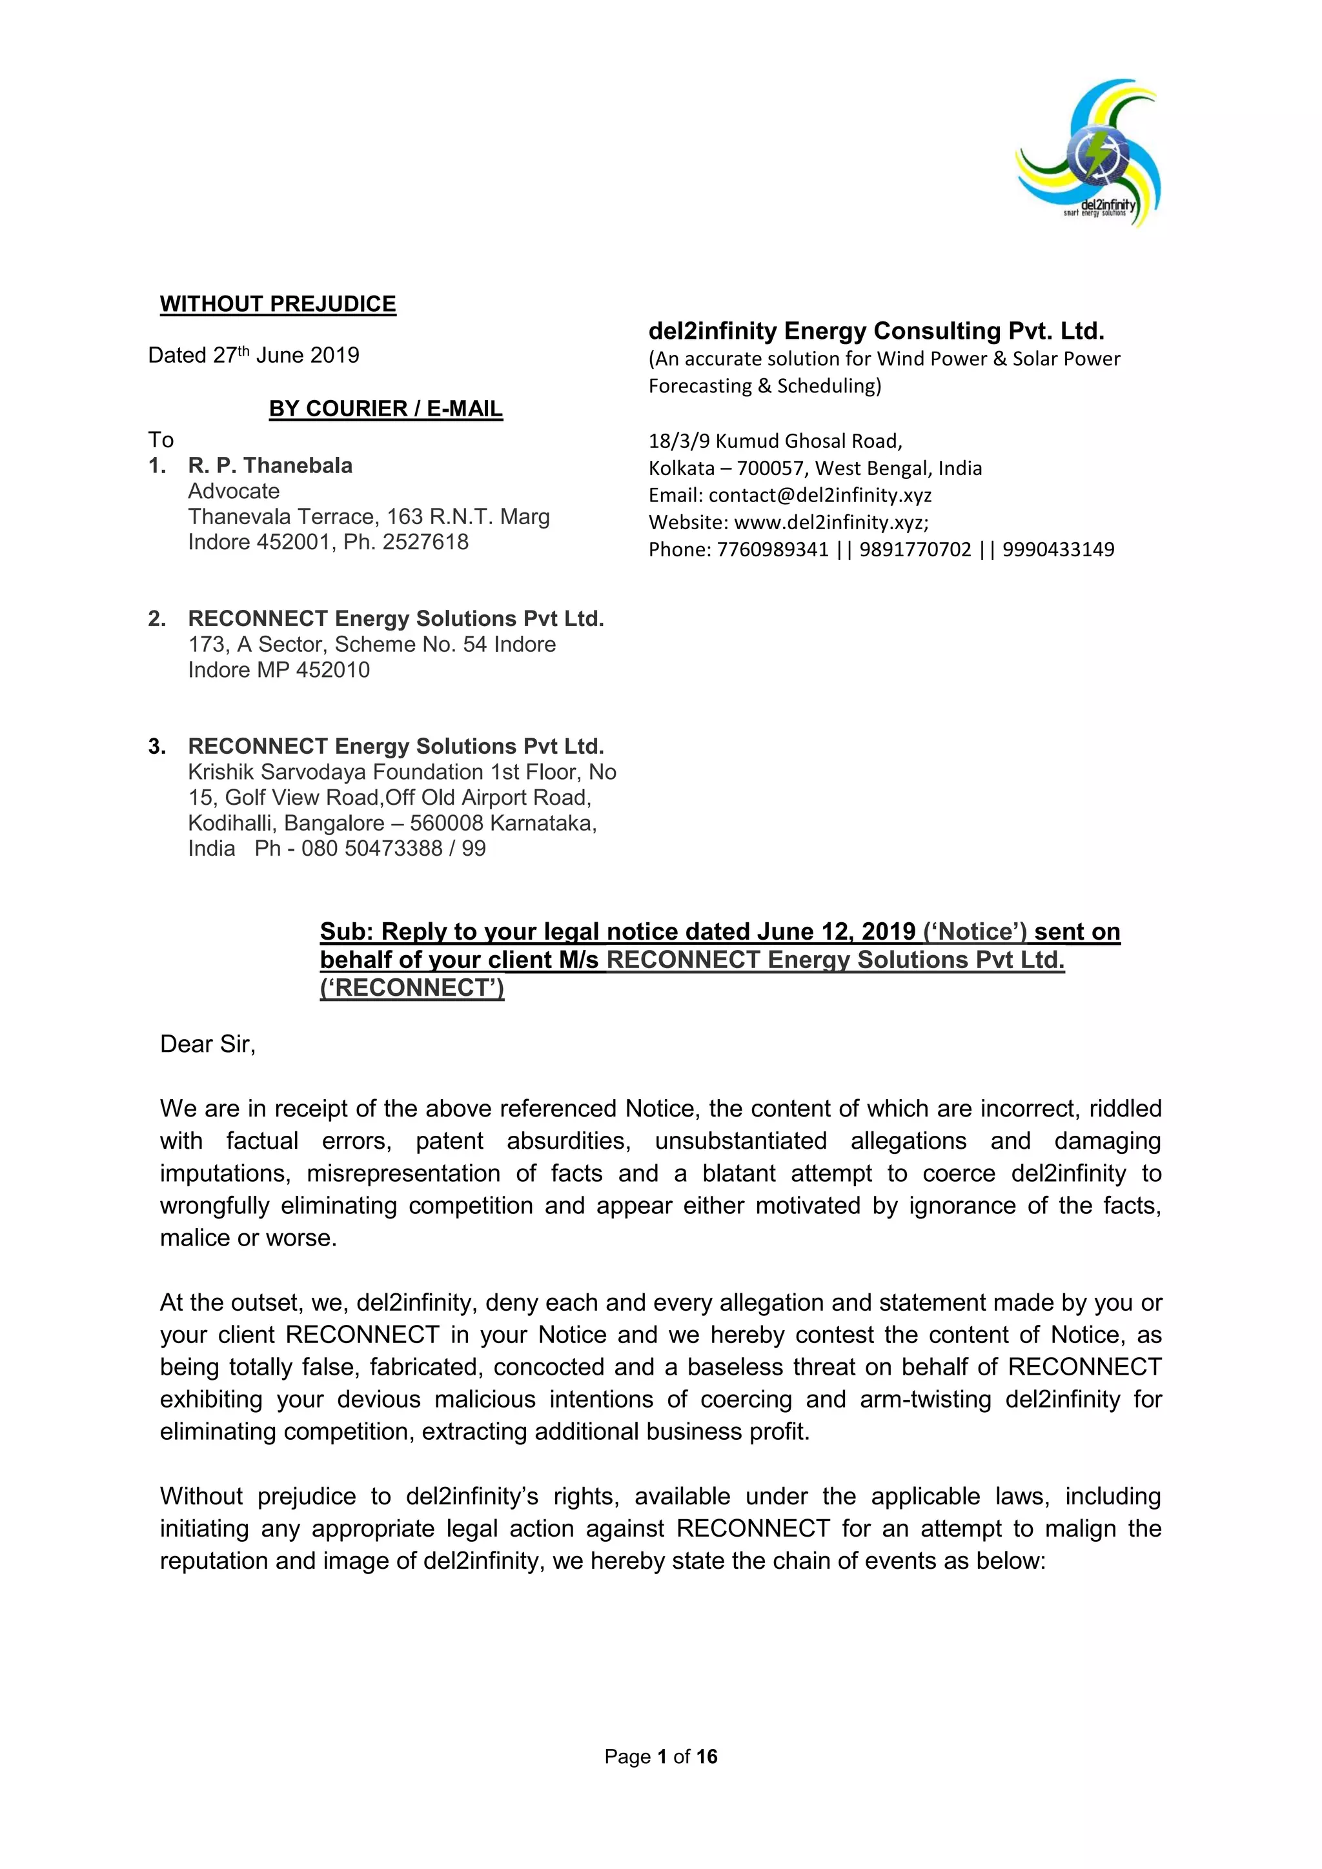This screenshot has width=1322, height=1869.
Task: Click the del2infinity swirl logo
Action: point(1088,153)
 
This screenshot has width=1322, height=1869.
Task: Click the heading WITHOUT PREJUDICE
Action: point(278,305)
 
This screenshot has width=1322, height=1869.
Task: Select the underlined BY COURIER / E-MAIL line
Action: point(386,409)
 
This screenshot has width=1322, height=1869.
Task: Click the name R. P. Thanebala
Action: point(270,465)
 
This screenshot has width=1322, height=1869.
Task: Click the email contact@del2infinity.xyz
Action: point(820,495)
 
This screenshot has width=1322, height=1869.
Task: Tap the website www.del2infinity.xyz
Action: point(830,522)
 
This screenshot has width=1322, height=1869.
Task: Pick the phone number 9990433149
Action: point(1057,549)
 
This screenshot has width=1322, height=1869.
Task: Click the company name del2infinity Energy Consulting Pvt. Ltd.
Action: point(876,331)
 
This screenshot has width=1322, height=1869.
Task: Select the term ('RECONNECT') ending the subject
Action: point(412,987)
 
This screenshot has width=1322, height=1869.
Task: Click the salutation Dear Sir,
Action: point(208,1044)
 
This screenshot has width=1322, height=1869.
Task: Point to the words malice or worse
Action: point(249,1238)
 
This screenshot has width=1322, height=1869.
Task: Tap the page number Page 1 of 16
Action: point(660,1757)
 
